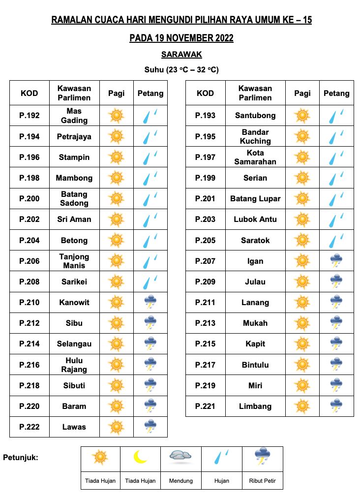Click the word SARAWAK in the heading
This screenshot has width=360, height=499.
pyautogui.click(x=181, y=55)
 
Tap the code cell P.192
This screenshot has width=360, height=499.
pyautogui.click(x=30, y=116)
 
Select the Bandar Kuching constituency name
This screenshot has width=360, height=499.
pyautogui.click(x=255, y=136)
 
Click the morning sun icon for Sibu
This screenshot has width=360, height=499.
pyautogui.click(x=116, y=323)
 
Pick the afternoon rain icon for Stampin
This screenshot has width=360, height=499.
pyautogui.click(x=150, y=157)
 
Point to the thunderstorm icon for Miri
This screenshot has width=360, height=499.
pyautogui.click(x=336, y=385)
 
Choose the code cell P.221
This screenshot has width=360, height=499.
pyautogui.click(x=205, y=406)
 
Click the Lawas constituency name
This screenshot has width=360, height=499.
pyautogui.click(x=74, y=427)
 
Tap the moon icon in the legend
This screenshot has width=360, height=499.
pyautogui.click(x=140, y=457)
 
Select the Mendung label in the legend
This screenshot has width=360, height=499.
pyautogui.click(x=180, y=481)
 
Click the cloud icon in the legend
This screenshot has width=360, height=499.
pyautogui.click(x=180, y=456)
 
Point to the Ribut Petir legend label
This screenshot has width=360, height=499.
pyautogui.click(x=262, y=481)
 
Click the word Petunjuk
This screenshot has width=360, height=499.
pyautogui.click(x=21, y=458)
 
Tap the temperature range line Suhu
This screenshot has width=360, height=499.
pyautogui.click(x=181, y=70)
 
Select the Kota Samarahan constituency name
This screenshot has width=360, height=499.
pyautogui.click(x=255, y=157)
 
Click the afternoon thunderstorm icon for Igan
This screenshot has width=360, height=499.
pyautogui.click(x=336, y=261)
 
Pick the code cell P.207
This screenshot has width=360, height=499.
pyautogui.click(x=205, y=261)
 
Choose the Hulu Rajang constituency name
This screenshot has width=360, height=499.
pyautogui.click(x=74, y=365)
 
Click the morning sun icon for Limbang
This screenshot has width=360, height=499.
pyautogui.click(x=301, y=406)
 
